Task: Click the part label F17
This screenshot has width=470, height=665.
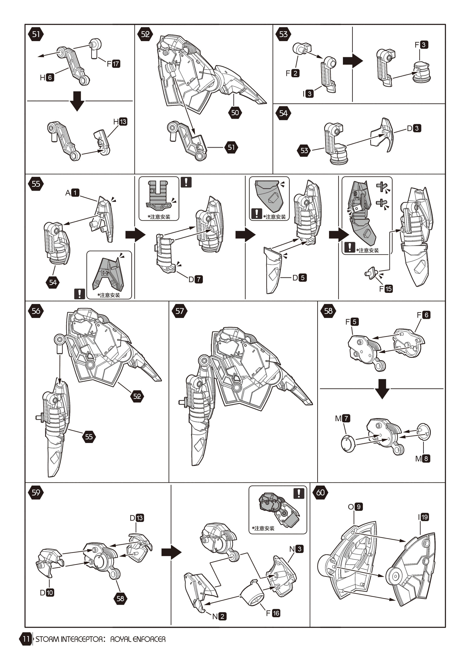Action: tap(113, 64)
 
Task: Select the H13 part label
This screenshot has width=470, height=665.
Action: tap(120, 122)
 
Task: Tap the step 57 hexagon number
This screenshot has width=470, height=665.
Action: tap(179, 311)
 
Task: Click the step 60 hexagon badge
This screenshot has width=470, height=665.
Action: tap(320, 493)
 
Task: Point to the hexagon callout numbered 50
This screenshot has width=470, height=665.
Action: tap(235, 113)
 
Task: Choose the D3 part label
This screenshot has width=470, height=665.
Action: tap(414, 128)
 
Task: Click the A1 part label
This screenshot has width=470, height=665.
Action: tap(72, 193)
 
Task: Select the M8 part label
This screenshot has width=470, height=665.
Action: tap(423, 458)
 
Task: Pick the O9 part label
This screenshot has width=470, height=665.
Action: tap(355, 507)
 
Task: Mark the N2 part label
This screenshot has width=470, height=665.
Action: tap(219, 616)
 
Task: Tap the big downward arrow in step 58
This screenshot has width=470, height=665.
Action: tap(382, 389)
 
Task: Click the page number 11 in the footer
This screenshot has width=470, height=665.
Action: tap(26, 639)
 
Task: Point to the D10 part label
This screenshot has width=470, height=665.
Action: tap(47, 593)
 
